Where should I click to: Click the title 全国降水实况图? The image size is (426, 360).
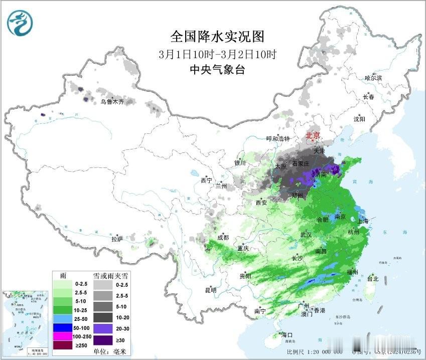(217, 37)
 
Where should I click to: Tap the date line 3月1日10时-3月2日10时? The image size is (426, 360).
(217, 54)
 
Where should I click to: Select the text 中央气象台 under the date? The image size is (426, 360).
(217, 70)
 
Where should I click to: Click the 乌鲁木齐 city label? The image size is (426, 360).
(111, 102)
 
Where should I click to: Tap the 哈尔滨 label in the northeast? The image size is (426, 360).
(373, 78)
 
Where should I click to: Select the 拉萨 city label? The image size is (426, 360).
(117, 239)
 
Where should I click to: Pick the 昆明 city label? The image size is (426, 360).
(210, 290)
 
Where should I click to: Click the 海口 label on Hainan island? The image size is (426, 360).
(287, 335)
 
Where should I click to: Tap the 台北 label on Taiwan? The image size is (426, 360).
(373, 278)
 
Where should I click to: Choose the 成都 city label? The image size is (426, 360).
(223, 237)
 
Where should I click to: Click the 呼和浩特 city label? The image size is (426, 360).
(277, 138)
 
